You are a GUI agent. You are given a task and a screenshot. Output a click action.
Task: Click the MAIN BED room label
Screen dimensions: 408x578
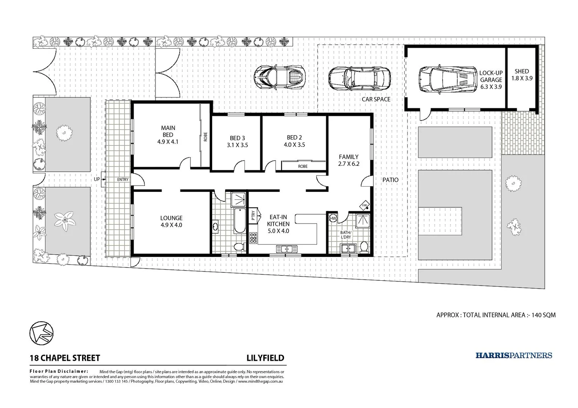168,131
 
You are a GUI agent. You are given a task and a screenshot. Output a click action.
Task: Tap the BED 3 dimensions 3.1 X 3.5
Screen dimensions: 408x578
238,145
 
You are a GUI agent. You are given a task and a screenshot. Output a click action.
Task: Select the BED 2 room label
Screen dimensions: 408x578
294,138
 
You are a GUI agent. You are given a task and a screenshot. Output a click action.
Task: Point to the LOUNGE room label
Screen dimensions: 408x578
171,218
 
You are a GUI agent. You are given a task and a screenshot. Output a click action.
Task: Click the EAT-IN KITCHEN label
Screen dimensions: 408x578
278,221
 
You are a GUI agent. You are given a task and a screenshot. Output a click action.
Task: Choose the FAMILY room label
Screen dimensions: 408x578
348,157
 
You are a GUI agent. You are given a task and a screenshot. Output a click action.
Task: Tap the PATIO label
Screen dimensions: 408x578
390,180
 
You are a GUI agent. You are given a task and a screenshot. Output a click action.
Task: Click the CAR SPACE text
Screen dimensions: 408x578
376,99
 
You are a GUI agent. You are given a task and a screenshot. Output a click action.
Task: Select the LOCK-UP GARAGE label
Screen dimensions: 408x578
491,76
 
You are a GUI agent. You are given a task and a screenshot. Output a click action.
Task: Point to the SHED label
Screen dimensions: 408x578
522,71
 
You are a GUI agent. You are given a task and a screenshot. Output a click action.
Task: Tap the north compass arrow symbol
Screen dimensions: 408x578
41,333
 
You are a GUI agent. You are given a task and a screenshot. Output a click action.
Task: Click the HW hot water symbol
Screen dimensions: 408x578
333,218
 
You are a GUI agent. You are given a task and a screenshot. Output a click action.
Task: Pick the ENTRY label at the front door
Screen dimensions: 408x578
123,180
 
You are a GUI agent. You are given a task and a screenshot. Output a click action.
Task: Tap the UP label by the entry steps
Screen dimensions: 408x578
97,179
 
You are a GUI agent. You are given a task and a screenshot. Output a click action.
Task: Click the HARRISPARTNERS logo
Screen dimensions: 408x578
514,355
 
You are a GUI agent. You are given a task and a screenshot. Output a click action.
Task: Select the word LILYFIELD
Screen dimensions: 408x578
265,358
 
